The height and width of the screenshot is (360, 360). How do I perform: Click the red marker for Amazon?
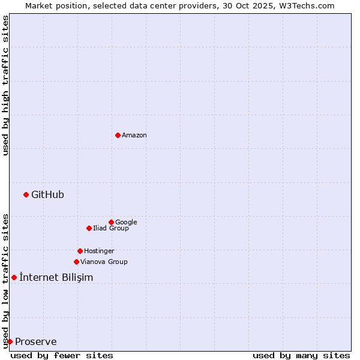coord(118,135)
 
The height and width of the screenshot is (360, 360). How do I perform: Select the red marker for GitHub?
coord(26,194)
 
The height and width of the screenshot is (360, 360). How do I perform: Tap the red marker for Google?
coord(111,222)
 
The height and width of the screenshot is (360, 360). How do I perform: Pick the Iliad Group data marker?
coord(89,228)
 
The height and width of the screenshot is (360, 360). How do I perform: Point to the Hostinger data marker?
coord(80,251)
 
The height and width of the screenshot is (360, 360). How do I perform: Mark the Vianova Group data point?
coord(76,262)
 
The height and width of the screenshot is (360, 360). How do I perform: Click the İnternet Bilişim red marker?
coord(14,277)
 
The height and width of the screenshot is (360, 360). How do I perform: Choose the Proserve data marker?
coord(10,341)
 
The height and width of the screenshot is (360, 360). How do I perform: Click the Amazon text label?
coord(134,136)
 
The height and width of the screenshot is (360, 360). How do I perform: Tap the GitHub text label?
coord(47,194)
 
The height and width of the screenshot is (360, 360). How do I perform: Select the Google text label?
coord(126,222)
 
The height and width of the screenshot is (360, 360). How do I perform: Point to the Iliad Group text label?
coord(111,228)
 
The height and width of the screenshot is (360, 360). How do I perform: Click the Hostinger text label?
coord(99,251)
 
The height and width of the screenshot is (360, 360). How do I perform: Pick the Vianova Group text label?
coord(104,262)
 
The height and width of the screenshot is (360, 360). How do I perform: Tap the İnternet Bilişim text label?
coord(56,277)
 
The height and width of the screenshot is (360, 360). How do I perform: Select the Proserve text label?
coord(36,342)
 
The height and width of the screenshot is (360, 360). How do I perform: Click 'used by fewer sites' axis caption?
coord(62,355)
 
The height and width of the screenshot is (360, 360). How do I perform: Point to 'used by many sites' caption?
coord(301,355)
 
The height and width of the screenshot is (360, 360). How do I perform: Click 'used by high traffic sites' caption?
coord(5,86)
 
